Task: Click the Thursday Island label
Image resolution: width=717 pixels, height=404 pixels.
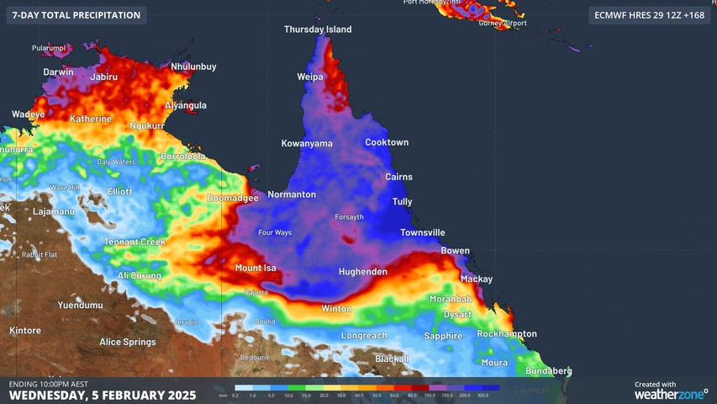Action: pos(318,29)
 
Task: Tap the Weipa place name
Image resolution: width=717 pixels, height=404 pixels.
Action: pos(310,77)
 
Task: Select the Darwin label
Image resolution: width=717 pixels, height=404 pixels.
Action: pos(59,72)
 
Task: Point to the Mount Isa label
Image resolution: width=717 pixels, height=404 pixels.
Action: pos(256,268)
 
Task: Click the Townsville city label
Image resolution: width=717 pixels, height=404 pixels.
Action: pos(423,232)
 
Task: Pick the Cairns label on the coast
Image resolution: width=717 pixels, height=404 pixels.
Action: pos(399,177)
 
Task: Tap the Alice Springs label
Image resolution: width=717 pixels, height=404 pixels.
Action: pos(128,342)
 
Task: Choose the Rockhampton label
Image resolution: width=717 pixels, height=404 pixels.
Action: pos(507,334)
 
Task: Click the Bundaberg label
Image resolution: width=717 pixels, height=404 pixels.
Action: pos(548,371)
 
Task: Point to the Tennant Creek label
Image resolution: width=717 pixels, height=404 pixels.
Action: pos(135,242)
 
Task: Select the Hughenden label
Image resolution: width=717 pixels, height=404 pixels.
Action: pos(363,272)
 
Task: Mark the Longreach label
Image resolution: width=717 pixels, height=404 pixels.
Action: pos(364,336)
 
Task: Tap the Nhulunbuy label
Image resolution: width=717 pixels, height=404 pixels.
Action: pos(193,66)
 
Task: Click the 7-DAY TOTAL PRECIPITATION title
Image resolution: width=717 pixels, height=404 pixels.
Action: pos(76,15)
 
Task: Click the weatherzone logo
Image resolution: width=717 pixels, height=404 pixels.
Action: pos(671,393)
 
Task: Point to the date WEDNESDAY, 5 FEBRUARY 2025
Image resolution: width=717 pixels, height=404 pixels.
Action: pos(103,395)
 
